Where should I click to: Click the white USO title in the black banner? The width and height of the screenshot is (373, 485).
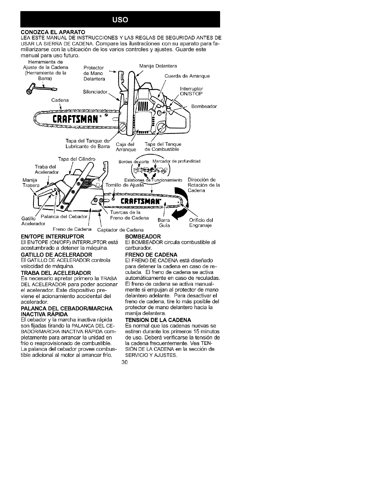point(120,20)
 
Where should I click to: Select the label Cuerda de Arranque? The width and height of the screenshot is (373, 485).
point(187,76)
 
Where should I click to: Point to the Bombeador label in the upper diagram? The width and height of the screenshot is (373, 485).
point(204,106)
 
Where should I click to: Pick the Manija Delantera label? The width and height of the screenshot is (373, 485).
point(158,66)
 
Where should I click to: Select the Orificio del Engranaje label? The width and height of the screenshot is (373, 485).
point(201,223)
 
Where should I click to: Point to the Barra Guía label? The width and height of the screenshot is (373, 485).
point(164,223)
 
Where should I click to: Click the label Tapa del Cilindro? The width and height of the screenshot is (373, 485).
point(76,159)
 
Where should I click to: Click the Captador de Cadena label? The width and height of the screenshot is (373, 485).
point(120,230)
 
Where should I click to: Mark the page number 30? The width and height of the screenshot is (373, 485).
point(124,363)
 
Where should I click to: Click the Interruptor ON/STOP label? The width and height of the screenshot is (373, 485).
point(191,91)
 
